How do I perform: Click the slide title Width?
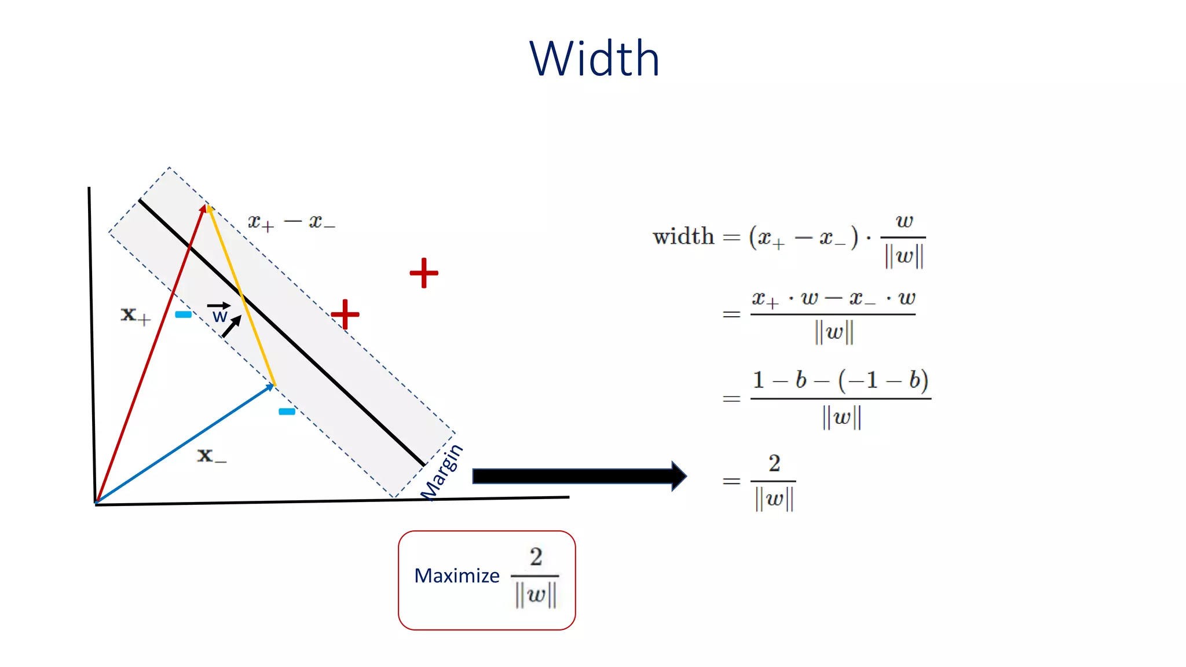594,58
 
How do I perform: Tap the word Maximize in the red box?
457,576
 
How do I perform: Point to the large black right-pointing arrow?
579,476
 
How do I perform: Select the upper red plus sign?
424,273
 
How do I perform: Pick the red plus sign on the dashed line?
345,314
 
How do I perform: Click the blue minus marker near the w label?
183,314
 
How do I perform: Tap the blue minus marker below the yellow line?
287,412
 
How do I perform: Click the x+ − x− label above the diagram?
291,222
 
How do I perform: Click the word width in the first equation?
683,237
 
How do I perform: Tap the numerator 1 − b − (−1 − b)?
840,380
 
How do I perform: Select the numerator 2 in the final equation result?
774,463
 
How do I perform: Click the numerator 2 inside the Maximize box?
536,557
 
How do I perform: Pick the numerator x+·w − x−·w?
833,299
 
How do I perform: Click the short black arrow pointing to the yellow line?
231,327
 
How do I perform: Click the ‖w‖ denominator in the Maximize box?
536,595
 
